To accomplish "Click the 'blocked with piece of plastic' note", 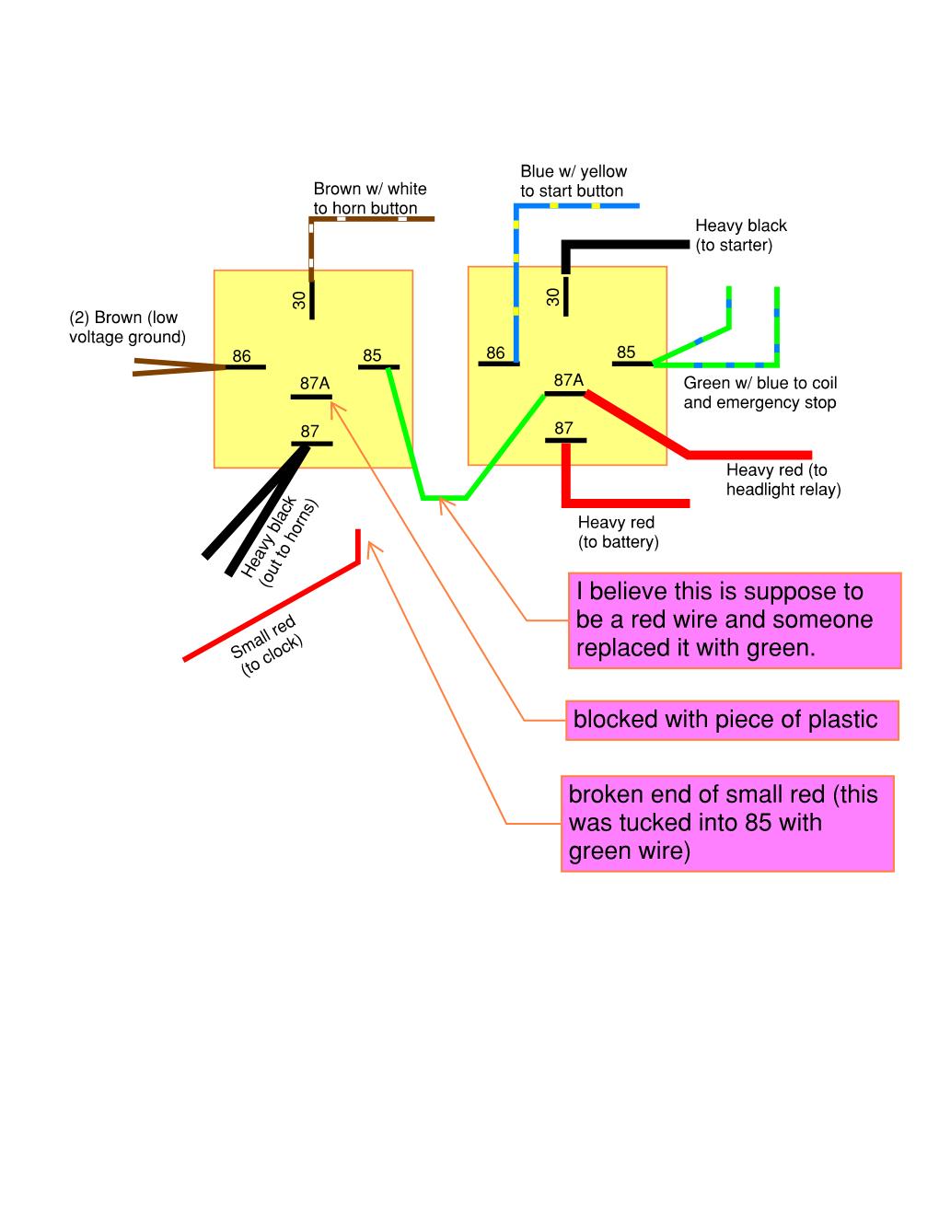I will pyautogui.click(x=732, y=719).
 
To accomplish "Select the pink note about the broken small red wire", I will pyautogui.click(x=727, y=823).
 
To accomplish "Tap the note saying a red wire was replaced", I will pyautogui.click(x=734, y=620).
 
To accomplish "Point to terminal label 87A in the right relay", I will pyautogui.click(x=568, y=380).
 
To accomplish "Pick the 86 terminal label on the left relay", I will pyautogui.click(x=241, y=356).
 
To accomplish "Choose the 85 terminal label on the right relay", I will pyautogui.click(x=626, y=352).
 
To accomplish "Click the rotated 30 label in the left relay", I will pyautogui.click(x=299, y=299).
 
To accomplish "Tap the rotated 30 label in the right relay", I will pyautogui.click(x=553, y=296).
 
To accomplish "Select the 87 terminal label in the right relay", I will pyautogui.click(x=563, y=428).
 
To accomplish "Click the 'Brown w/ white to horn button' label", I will pyautogui.click(x=369, y=198).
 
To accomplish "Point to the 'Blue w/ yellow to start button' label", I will pyautogui.click(x=573, y=180).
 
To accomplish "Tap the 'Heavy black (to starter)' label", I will pyautogui.click(x=740, y=235).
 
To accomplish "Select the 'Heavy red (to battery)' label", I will pyautogui.click(x=618, y=532).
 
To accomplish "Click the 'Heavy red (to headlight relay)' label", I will pyautogui.click(x=782, y=480).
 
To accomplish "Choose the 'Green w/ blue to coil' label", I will pyautogui.click(x=760, y=393).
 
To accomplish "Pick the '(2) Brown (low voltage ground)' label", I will pyautogui.click(x=127, y=327).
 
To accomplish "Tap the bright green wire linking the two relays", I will pyautogui.click(x=443, y=497).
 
